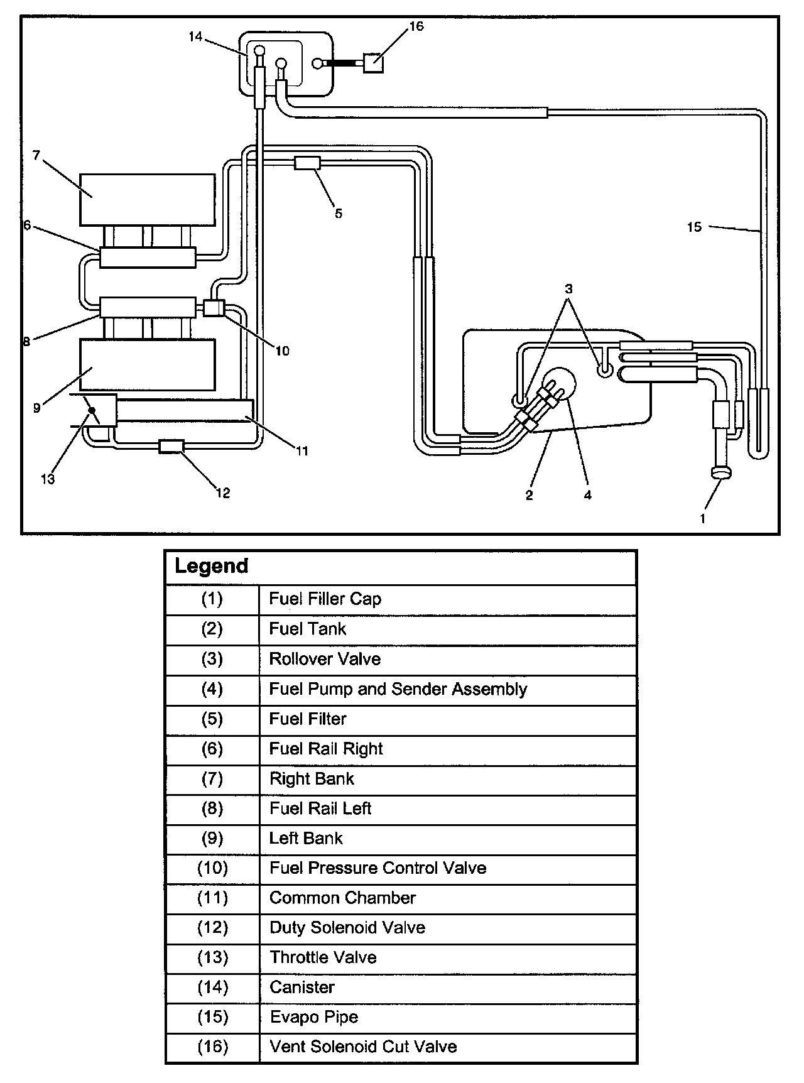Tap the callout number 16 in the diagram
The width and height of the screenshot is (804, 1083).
416,26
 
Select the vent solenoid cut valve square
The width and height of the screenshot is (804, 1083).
373,62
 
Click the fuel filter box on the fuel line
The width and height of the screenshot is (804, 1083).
307,163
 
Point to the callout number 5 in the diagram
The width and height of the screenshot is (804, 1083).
339,214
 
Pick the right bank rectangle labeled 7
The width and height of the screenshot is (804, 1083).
148,199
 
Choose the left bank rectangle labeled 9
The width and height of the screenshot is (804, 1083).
148,364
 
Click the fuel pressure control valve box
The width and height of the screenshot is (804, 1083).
214,308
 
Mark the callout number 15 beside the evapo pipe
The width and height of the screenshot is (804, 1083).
694,227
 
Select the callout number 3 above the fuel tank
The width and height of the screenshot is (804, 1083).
568,289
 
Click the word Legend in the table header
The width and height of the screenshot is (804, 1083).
212,566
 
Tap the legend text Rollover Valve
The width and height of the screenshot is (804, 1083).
325,659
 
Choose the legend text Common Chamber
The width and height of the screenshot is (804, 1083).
342,898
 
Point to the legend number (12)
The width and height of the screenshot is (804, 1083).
212,928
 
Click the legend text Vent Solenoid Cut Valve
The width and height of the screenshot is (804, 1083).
363,1047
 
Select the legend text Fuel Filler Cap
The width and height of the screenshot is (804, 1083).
325,599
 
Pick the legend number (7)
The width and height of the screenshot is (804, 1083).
212,779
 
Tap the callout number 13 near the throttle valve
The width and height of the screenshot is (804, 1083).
48,479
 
